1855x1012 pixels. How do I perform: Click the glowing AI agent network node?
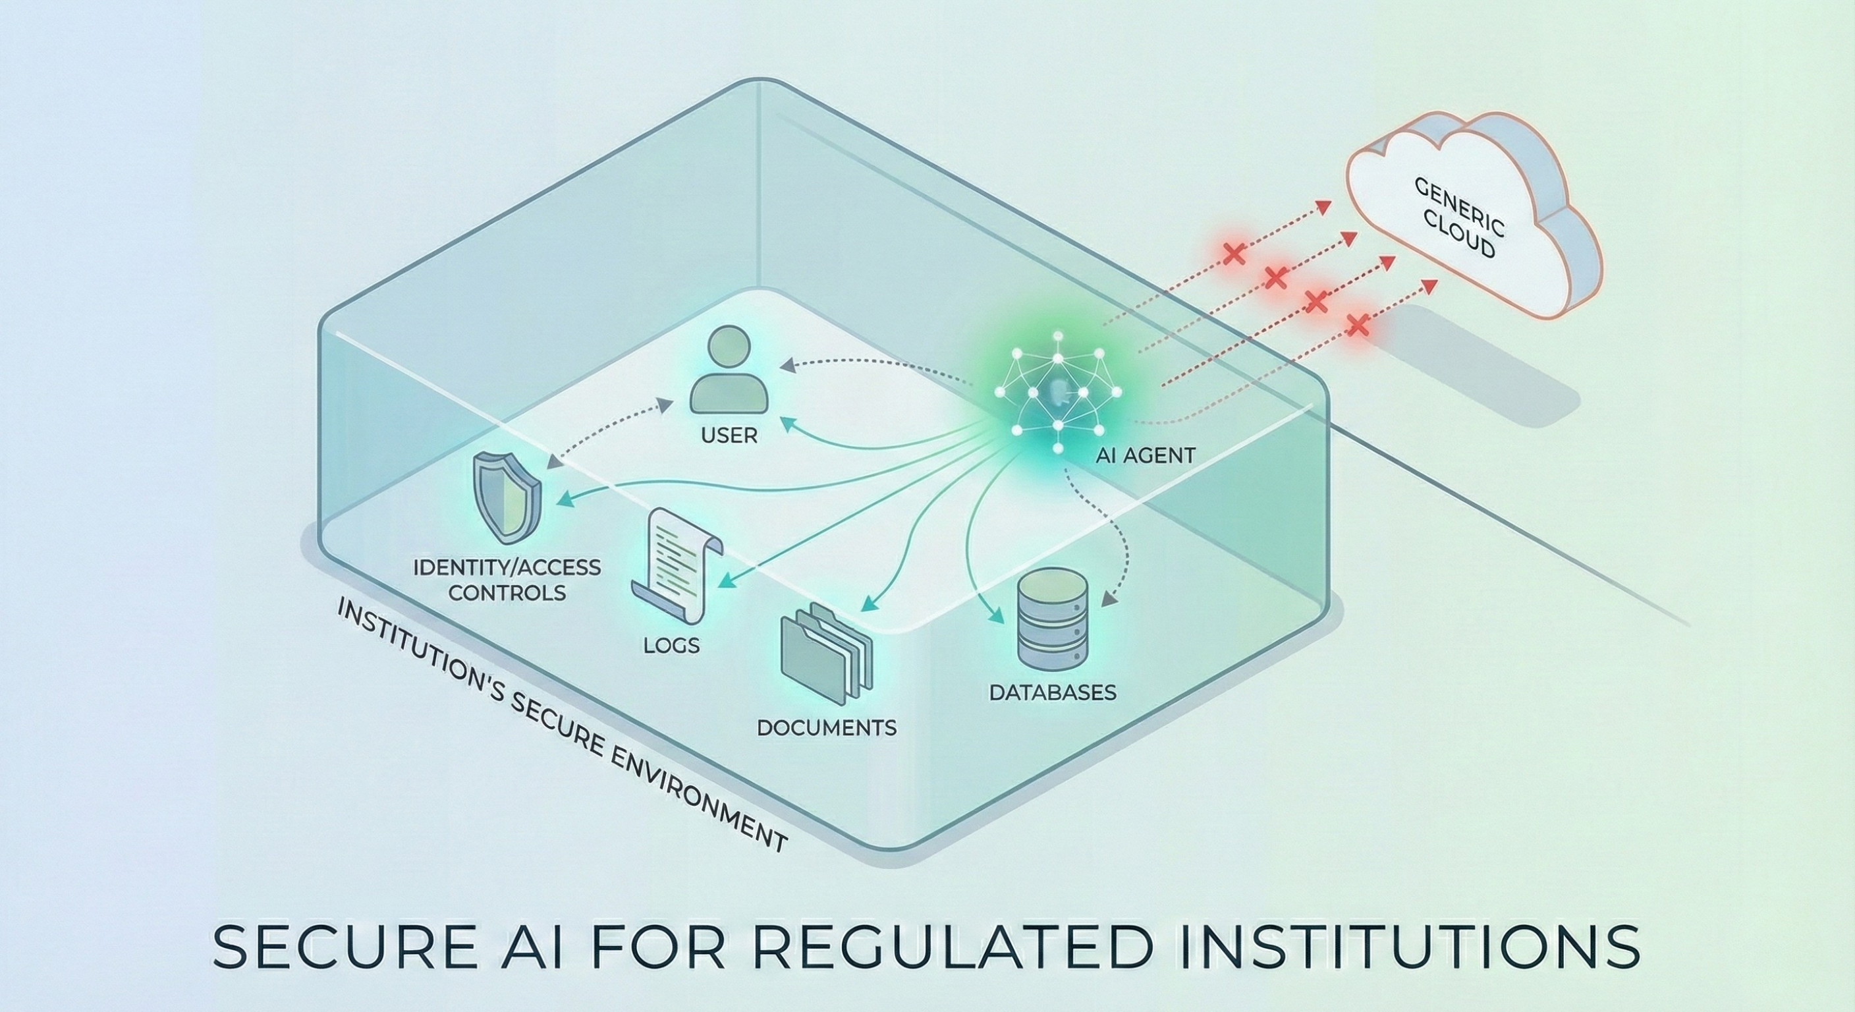[1057, 395]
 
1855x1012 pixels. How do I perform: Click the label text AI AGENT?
[1145, 456]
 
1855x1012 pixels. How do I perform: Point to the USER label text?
[729, 436]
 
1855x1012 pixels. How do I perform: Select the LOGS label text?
[671, 646]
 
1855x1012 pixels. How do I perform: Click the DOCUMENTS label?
[827, 727]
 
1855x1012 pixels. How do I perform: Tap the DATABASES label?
[1052, 693]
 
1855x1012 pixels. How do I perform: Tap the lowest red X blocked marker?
[1358, 325]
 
